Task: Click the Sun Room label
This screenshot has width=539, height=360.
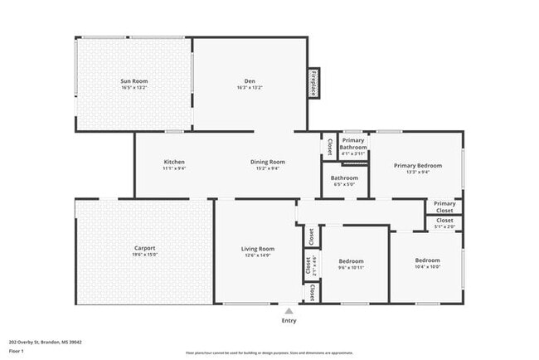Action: (x=134, y=80)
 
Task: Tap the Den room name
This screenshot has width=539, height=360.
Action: (x=250, y=80)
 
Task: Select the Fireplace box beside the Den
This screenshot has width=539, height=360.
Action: (x=314, y=84)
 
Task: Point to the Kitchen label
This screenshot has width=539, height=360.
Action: (x=174, y=162)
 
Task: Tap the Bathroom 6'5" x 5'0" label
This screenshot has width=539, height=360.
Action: (x=344, y=178)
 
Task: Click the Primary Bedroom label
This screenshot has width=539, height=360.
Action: (x=417, y=165)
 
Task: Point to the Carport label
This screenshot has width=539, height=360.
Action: (x=144, y=248)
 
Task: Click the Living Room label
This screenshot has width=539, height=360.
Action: (x=258, y=249)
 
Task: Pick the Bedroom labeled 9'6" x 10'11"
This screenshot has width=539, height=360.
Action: (x=351, y=261)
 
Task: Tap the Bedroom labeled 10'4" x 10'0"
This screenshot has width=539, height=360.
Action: (x=428, y=260)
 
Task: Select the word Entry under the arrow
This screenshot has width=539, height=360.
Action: (x=289, y=320)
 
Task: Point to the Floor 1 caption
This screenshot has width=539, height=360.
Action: (x=17, y=351)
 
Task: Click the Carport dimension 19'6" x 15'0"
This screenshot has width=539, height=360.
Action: (x=144, y=255)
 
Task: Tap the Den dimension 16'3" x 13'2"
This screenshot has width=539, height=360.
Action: (x=250, y=87)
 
